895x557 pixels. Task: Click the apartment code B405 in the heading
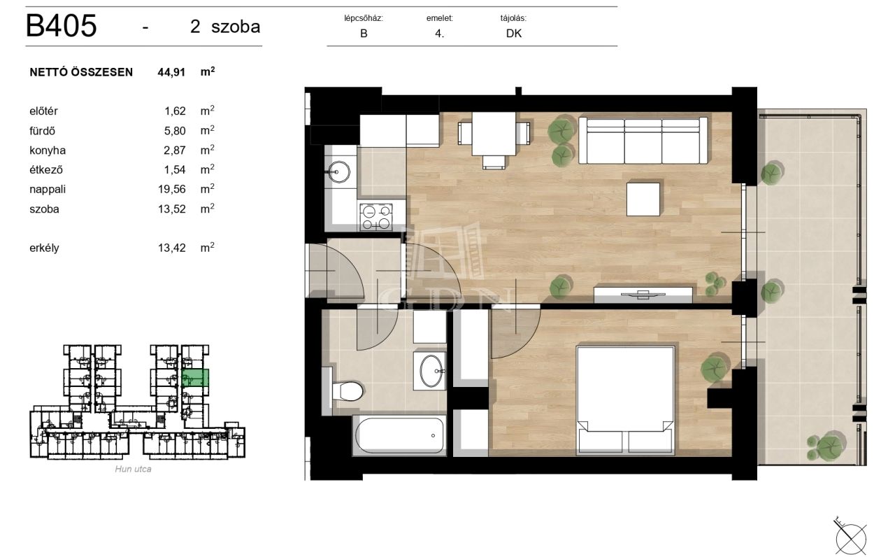click(x=61, y=26)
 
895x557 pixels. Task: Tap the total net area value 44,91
click(x=171, y=72)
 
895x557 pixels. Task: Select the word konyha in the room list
click(x=48, y=150)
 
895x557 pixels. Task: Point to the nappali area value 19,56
click(x=172, y=189)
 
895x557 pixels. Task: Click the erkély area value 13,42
click(x=172, y=248)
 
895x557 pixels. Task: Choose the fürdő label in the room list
click(x=43, y=131)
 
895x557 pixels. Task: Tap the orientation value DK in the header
click(x=514, y=34)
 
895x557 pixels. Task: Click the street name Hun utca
click(x=133, y=469)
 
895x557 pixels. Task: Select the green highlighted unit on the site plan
click(x=195, y=377)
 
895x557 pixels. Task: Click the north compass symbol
click(x=851, y=537)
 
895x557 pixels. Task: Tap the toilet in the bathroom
click(x=347, y=390)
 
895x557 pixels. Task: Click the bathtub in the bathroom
click(x=399, y=435)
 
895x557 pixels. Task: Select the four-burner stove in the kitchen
click(x=376, y=217)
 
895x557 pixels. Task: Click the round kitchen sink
click(x=338, y=172)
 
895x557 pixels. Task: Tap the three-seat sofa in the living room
click(x=643, y=141)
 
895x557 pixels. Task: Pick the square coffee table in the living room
click(x=643, y=199)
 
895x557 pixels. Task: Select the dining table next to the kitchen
click(x=494, y=134)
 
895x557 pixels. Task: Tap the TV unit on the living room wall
click(x=643, y=295)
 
